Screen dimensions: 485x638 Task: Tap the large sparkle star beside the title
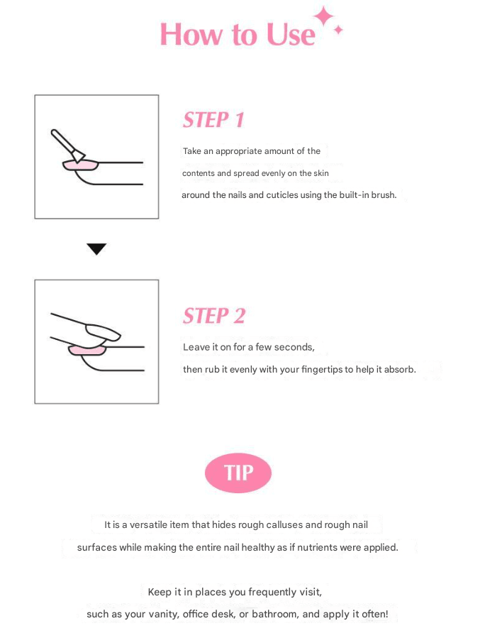pyautogui.click(x=324, y=16)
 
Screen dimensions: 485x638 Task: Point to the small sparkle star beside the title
pyautogui.click(x=338, y=30)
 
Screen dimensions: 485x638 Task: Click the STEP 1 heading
pyautogui.click(x=213, y=120)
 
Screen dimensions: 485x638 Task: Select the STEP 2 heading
pyautogui.click(x=214, y=316)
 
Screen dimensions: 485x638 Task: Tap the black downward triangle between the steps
pyautogui.click(x=96, y=249)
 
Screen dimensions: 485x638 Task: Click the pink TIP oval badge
pyautogui.click(x=238, y=473)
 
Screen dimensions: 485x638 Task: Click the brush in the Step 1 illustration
pyautogui.click(x=67, y=145)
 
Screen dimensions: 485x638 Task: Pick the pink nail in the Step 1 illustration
pyautogui.click(x=81, y=165)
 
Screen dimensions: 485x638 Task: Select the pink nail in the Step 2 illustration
pyautogui.click(x=87, y=350)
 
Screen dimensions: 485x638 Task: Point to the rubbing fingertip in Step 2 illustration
pyautogui.click(x=102, y=331)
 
